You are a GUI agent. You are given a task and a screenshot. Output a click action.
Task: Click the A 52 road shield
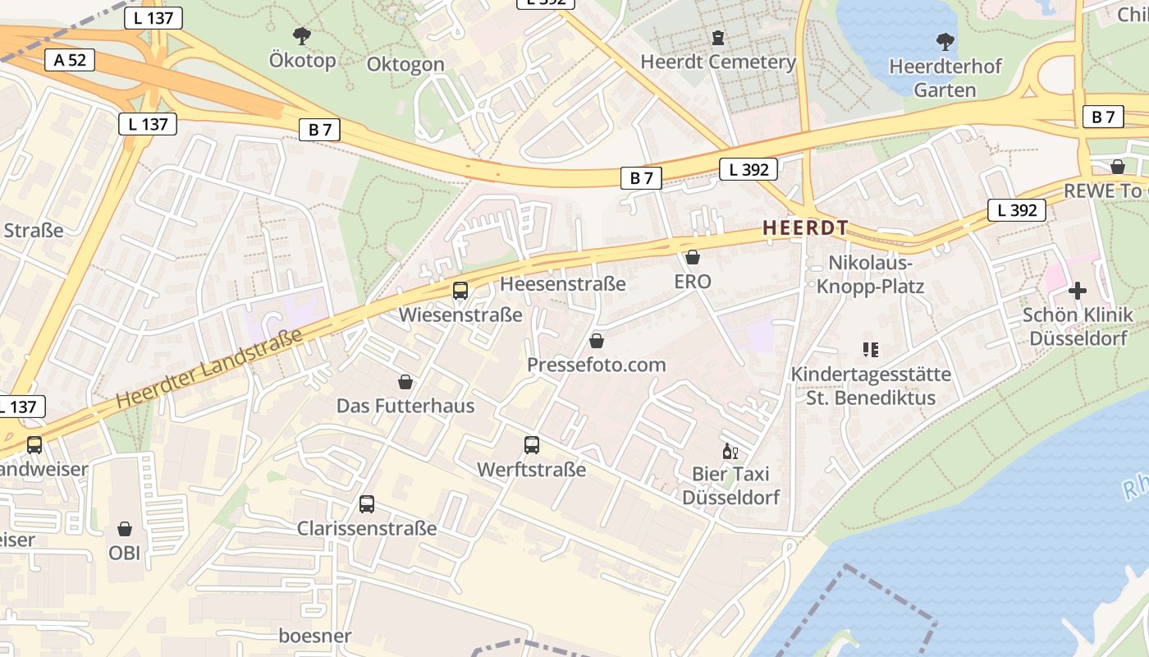click(x=70, y=59)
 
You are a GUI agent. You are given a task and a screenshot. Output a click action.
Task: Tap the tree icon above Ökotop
click(x=302, y=35)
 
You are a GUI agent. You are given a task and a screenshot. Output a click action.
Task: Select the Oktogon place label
click(x=405, y=64)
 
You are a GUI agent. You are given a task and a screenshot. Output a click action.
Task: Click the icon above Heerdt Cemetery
click(x=718, y=38)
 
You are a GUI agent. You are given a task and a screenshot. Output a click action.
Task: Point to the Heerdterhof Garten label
click(x=945, y=78)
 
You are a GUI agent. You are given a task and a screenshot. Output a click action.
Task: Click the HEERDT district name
click(x=804, y=228)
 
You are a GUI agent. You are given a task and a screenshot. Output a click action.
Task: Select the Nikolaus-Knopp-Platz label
click(x=870, y=274)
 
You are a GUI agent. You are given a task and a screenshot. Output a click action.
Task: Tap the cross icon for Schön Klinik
click(x=1077, y=291)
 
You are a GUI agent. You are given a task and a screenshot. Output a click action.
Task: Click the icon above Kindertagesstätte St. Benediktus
click(x=871, y=350)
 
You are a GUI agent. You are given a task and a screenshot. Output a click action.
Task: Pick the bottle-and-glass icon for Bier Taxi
click(x=730, y=451)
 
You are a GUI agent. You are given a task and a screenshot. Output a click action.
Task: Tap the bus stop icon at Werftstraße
click(x=532, y=445)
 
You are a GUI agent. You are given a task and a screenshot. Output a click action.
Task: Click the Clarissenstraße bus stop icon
click(x=367, y=504)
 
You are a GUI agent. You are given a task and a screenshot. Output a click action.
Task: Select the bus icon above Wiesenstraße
click(x=460, y=291)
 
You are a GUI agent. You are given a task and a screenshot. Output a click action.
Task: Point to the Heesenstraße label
click(x=563, y=284)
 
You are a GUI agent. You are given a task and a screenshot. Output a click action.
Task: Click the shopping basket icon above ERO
click(x=693, y=257)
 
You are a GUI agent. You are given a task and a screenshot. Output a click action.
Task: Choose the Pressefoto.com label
click(x=597, y=365)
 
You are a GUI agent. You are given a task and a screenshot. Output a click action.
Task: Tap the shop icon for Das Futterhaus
click(x=405, y=382)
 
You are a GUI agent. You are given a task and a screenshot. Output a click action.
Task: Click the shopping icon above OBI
click(x=125, y=529)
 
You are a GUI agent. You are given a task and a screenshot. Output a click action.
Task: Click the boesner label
click(x=315, y=636)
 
